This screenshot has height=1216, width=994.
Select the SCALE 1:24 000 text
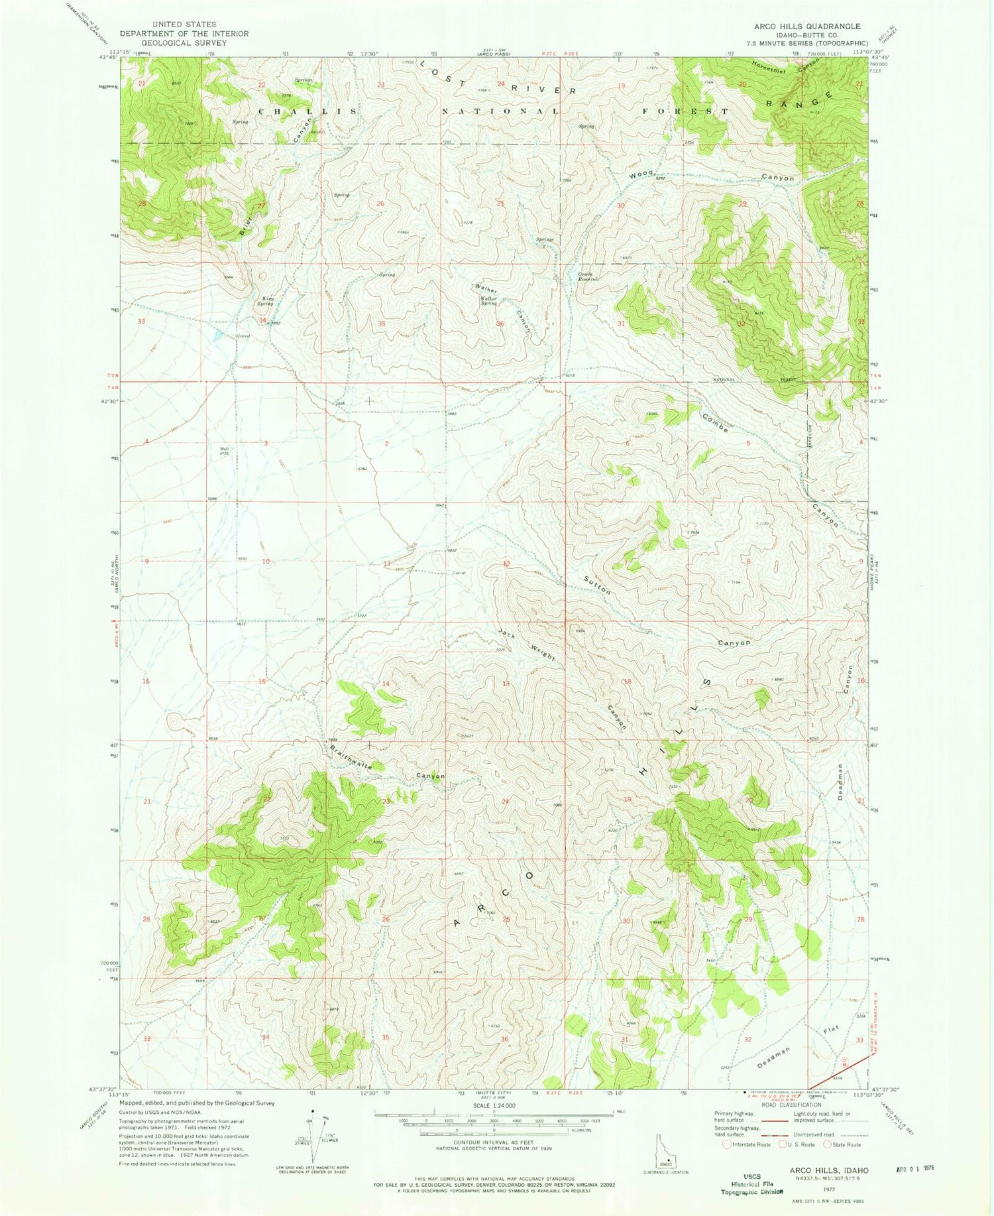point(491,1105)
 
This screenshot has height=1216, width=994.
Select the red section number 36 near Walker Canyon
point(500,324)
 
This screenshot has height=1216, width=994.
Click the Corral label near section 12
point(459,572)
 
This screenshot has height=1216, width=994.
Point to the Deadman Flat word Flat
point(831,1031)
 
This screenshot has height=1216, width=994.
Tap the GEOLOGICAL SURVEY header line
point(184,42)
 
